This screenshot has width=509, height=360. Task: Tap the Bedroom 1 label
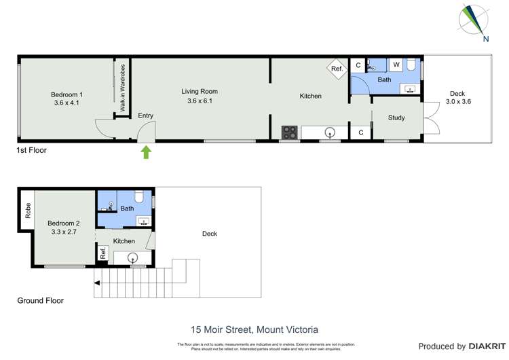click(x=67, y=98)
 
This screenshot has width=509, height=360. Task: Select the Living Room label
click(x=199, y=96)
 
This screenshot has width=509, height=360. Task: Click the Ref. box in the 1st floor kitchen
click(x=337, y=67)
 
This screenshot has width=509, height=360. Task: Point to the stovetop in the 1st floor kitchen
click(x=290, y=131)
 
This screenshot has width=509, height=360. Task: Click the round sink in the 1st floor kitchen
click(x=330, y=132)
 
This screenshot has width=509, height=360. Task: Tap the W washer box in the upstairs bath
click(x=396, y=65)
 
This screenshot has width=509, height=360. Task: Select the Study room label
click(x=396, y=118)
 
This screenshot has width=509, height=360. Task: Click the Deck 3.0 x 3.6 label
click(x=458, y=98)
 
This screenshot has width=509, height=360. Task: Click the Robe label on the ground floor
click(x=27, y=209)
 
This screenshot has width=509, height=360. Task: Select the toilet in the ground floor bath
click(x=138, y=198)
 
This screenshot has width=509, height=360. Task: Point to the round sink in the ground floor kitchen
click(x=133, y=257)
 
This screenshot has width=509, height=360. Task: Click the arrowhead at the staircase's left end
click(x=97, y=284)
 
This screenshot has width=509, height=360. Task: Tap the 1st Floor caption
click(x=32, y=150)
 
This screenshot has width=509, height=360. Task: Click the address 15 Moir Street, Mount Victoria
click(x=254, y=329)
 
